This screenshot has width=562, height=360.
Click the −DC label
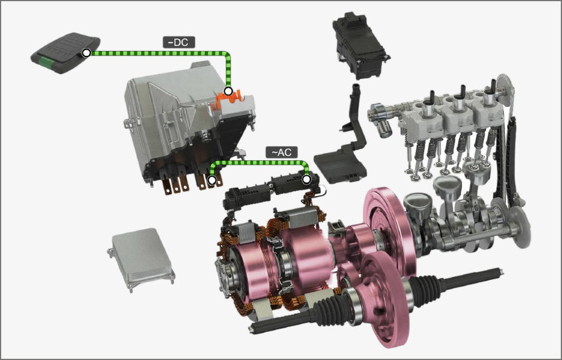click(179, 42)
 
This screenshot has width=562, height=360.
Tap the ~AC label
click(282, 152)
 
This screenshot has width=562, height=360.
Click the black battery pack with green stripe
click(65, 53)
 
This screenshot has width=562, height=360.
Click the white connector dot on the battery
click(86, 52)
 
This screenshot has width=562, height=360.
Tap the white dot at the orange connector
click(228, 91)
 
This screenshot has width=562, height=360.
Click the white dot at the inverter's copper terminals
click(212, 180)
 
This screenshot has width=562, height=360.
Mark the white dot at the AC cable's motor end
click(306, 179)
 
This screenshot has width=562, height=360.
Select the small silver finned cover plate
click(141, 259)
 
